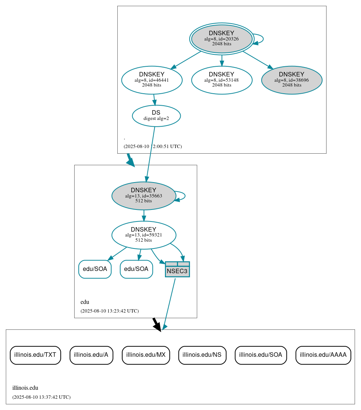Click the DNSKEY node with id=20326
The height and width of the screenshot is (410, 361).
tap(222, 39)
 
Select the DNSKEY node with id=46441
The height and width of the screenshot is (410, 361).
tap(152, 80)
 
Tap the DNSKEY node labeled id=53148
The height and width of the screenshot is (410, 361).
tap(222, 80)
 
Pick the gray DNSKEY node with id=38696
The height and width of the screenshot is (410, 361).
tap(292, 80)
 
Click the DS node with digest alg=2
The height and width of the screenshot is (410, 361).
tap(156, 116)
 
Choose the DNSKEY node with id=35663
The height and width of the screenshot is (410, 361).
tap(144, 196)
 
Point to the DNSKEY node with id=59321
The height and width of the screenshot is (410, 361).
tap(144, 235)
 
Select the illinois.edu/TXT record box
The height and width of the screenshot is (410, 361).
tap(35, 355)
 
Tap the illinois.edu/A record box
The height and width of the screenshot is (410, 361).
tap(91, 355)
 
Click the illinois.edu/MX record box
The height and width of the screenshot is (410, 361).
tap(146, 355)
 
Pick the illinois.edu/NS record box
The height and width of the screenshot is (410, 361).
tap(202, 355)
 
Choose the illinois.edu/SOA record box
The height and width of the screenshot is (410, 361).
tap(261, 355)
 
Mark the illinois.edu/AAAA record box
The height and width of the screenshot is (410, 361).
tap(323, 355)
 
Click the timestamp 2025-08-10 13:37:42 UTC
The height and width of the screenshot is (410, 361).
tap(41, 397)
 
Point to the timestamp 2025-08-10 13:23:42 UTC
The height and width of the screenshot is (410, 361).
tap(109, 311)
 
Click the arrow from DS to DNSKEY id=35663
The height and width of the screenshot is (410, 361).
tap(150, 154)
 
